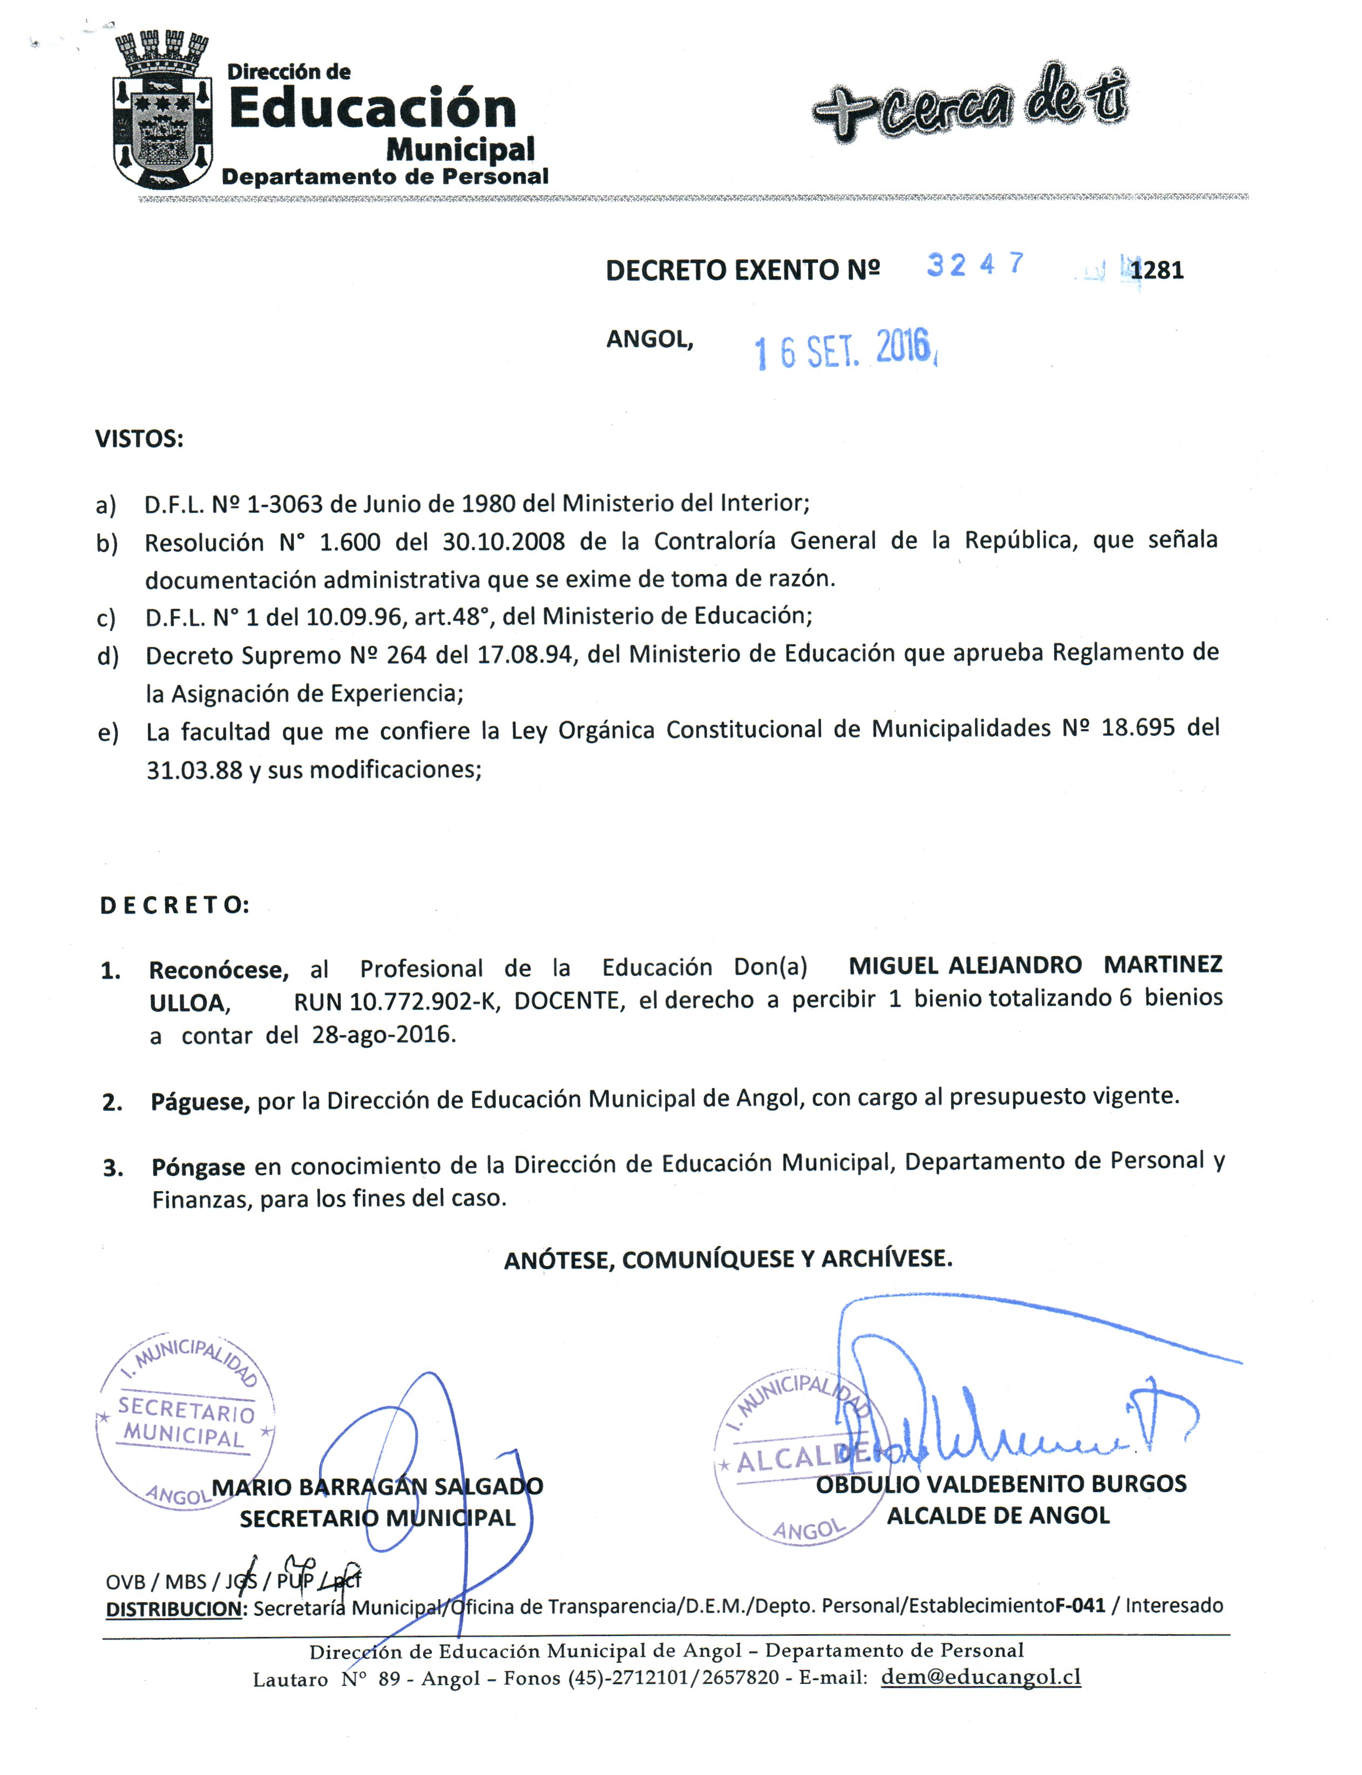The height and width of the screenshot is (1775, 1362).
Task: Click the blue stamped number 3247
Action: [975, 264]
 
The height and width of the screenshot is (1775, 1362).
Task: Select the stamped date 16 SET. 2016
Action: [845, 350]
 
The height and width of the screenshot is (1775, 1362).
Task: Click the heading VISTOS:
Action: [139, 439]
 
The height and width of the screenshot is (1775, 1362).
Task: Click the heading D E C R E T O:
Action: [174, 906]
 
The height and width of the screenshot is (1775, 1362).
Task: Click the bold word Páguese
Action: [199, 1102]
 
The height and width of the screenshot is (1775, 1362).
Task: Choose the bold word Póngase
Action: [198, 1168]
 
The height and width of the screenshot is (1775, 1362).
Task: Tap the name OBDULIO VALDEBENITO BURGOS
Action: [1000, 1484]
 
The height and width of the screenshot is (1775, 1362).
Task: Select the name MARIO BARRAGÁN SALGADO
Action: [377, 1486]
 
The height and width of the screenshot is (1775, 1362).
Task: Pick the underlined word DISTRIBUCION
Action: [174, 1609]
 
